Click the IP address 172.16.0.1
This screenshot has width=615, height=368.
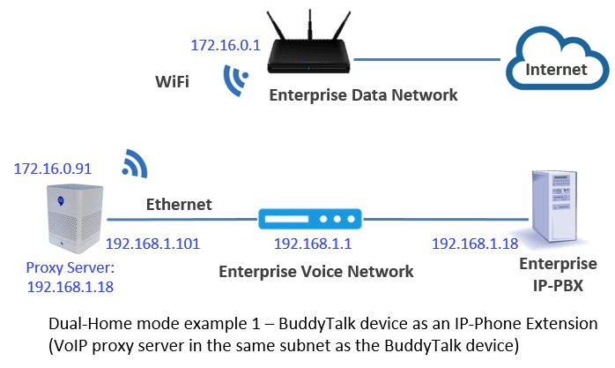point(226,45)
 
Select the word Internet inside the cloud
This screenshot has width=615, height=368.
point(556,70)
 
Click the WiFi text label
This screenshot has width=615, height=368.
point(172,82)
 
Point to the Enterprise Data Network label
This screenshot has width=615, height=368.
point(363,95)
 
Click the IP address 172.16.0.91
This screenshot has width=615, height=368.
point(53,169)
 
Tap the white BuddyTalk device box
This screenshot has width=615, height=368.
point(75,218)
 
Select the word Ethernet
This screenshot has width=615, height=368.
point(179,204)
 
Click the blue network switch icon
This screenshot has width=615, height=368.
point(310,219)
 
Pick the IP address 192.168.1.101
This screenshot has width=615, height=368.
point(153,244)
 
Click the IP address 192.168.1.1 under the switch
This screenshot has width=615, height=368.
point(313,244)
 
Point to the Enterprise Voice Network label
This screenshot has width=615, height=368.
point(316,272)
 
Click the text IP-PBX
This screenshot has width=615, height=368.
point(558,286)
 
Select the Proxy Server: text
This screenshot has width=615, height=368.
point(70,267)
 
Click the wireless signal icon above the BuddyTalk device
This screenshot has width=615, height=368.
point(135,163)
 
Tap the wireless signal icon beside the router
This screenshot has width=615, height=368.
point(234,79)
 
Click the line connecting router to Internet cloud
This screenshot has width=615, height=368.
point(427,60)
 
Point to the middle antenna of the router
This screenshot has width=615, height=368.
point(310,25)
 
